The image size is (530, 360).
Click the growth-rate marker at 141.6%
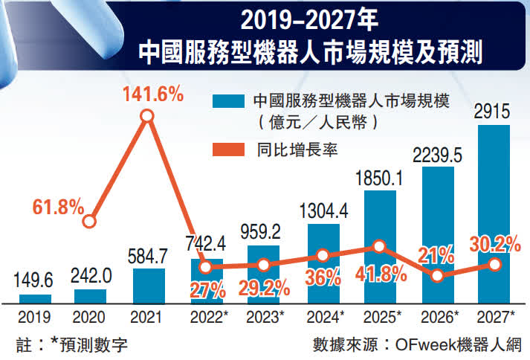click(x=147, y=116)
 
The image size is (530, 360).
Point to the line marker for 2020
click(x=89, y=221)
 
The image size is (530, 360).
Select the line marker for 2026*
click(x=437, y=275)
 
